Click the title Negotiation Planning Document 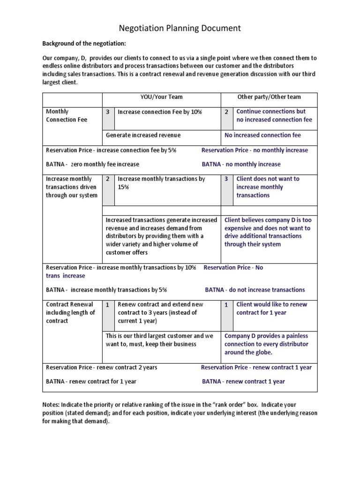[180, 28]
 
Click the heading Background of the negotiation [85, 44]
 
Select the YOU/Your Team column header [162, 97]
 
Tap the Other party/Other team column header [269, 97]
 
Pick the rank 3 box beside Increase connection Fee [108, 112]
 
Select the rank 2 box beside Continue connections [226, 112]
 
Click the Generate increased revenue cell [143, 135]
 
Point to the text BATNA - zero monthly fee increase [92, 164]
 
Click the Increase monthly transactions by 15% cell [161, 183]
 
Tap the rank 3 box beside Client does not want [226, 179]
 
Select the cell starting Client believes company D [267, 232]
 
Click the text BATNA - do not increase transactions [255, 290]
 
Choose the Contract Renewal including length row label [70, 312]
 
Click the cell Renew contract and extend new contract [160, 312]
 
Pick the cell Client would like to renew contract [272, 308]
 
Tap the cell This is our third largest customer [159, 340]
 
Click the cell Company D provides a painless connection [266, 344]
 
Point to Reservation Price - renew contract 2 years [102, 367]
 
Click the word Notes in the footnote [51, 404]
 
